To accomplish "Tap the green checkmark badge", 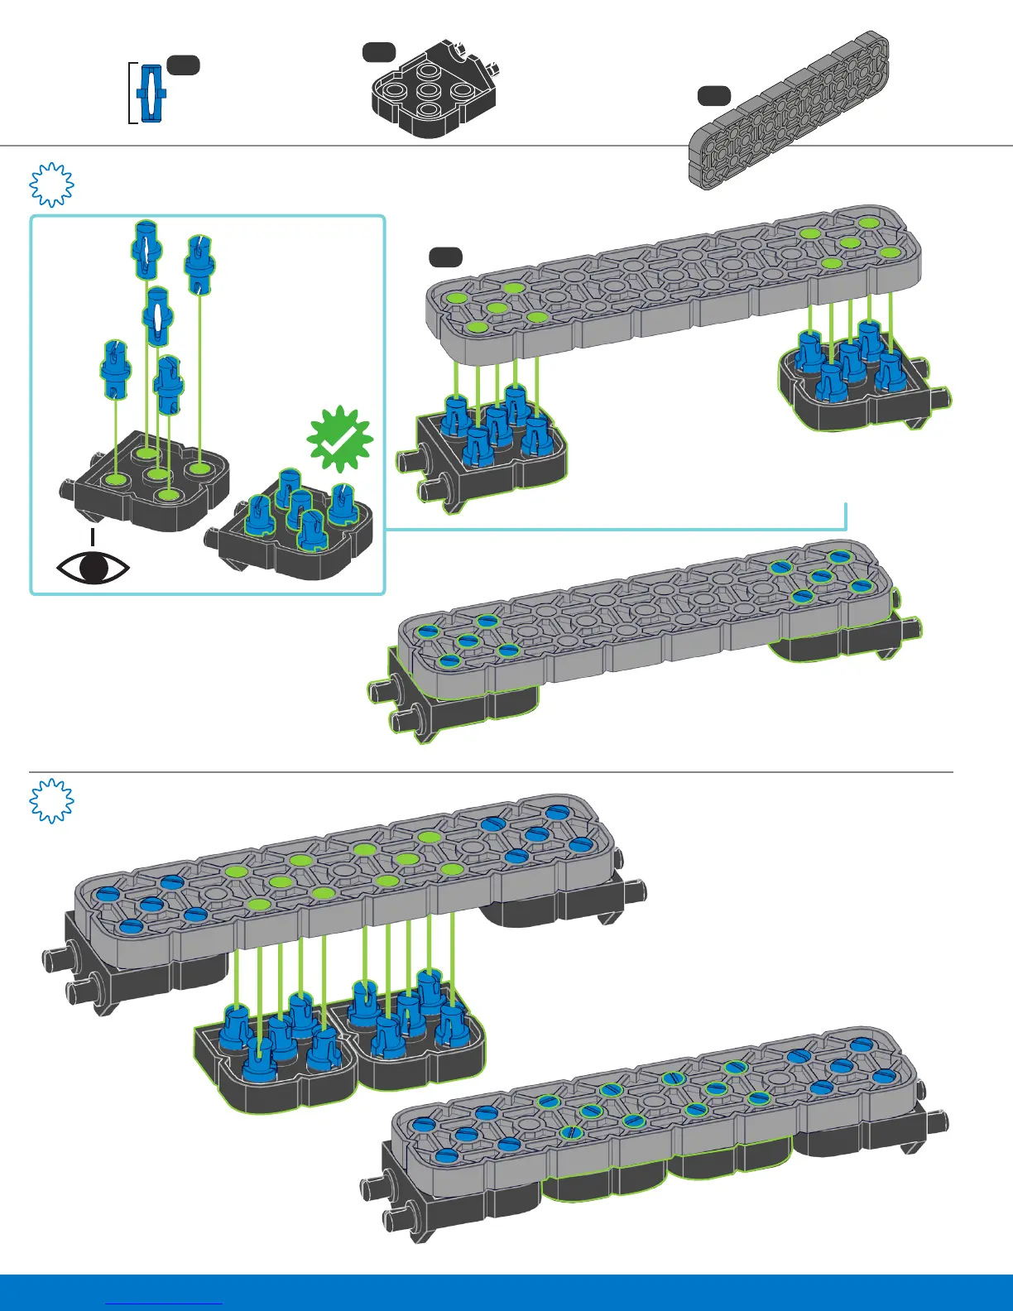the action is [340, 439].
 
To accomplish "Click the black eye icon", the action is [93, 568].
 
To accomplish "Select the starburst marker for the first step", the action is [51, 184].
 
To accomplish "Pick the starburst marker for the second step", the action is [51, 801].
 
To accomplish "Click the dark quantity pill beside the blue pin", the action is [183, 65].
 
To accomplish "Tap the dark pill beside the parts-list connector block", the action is [379, 52].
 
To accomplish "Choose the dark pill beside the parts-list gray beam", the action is [713, 96].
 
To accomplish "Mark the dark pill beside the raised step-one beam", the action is [445, 257].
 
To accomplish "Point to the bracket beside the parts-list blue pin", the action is [132, 93].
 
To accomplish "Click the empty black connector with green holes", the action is [149, 484].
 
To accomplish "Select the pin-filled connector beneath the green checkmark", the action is [294, 530].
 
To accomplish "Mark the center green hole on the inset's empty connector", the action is [155, 474].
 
